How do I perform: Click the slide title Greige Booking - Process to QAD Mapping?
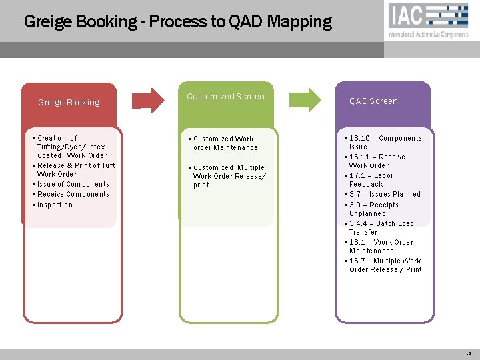pos(177,21)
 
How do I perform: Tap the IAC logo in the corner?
pos(429,20)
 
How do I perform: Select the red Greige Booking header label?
pos(69,103)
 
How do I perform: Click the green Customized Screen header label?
pos(225,97)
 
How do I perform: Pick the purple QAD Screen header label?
pos(373,101)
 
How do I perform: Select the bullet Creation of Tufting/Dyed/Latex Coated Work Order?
pos(71,147)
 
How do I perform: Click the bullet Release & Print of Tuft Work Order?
pos(75,169)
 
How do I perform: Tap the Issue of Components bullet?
pos(73,184)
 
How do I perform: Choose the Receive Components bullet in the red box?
pos(73,194)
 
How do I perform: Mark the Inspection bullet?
pos(55,205)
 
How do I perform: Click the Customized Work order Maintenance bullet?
pos(224,143)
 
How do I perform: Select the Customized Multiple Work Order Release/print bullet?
pos(228,176)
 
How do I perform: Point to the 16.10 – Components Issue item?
pos(385,142)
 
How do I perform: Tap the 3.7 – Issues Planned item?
pos(385,194)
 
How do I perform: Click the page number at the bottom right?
pos(468,353)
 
